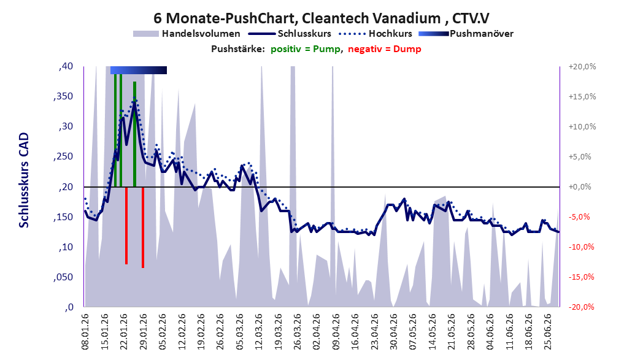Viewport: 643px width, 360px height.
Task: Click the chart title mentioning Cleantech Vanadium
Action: [321, 18]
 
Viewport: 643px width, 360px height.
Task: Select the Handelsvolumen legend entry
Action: [187, 34]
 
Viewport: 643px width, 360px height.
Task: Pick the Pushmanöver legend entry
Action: [466, 34]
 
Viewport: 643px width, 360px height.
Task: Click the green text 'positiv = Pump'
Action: [306, 49]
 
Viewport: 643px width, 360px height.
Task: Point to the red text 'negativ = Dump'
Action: [385, 49]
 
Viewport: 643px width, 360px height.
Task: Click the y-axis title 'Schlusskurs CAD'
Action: [24, 180]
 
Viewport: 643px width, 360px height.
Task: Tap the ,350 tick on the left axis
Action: [63, 96]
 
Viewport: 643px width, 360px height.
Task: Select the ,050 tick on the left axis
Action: [63, 277]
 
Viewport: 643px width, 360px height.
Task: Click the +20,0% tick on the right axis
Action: [582, 66]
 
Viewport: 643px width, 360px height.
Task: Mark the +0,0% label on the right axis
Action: [580, 187]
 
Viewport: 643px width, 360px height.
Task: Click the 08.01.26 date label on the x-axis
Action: [85, 332]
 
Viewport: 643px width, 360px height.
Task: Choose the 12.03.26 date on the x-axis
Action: [259, 332]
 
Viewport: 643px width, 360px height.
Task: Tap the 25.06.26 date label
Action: [547, 332]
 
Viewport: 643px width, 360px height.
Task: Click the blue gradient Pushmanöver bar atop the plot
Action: [139, 70]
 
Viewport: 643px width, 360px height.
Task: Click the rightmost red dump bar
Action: [143, 228]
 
